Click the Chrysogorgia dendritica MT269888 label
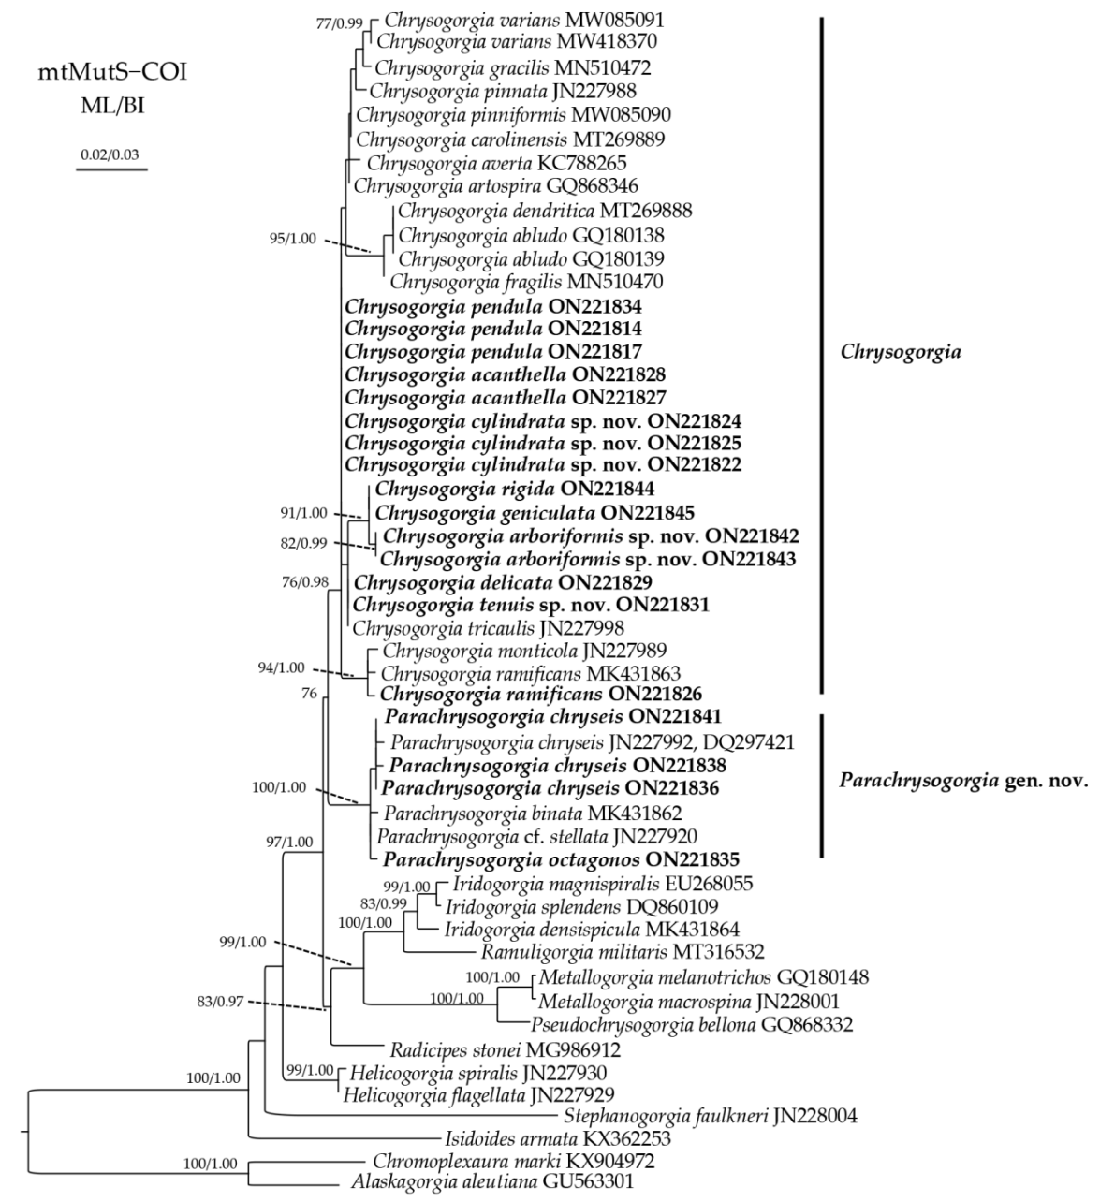pos(545,211)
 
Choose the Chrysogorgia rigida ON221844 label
pos(514,489)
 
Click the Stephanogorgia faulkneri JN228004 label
pos(710,1115)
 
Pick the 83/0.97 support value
pos(221,1001)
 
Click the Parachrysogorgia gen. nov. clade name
pos(963,781)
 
